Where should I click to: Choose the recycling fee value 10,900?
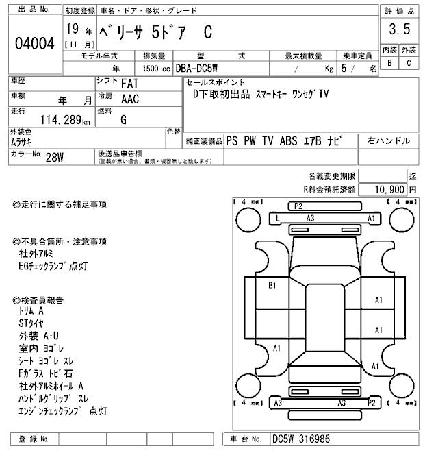[389, 188]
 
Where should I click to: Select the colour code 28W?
[55, 156]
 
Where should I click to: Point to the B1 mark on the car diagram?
[272, 284]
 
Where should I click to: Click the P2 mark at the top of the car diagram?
[298, 206]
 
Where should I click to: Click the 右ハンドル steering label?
[389, 141]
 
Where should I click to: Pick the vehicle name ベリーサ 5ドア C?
[157, 32]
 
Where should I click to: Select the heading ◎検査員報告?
[42, 300]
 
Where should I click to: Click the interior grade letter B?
[389, 63]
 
